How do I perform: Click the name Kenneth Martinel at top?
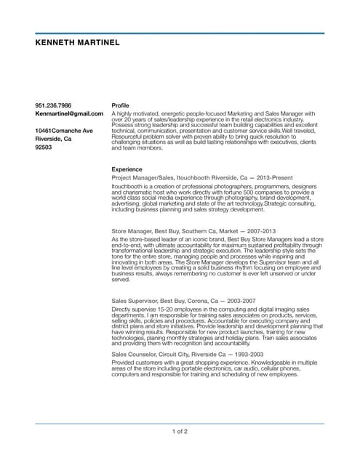(78, 43)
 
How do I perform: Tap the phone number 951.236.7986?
(53, 105)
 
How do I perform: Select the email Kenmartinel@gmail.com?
(69, 114)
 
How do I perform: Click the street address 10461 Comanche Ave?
(64, 130)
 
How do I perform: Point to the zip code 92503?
(44, 147)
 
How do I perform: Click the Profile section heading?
(120, 105)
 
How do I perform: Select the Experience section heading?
(127, 168)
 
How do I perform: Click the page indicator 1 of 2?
(180, 432)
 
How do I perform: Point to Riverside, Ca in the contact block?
(53, 138)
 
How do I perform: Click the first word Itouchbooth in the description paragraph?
(125, 186)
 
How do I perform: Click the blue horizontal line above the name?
(180, 33)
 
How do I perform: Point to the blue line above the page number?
(180, 424)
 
